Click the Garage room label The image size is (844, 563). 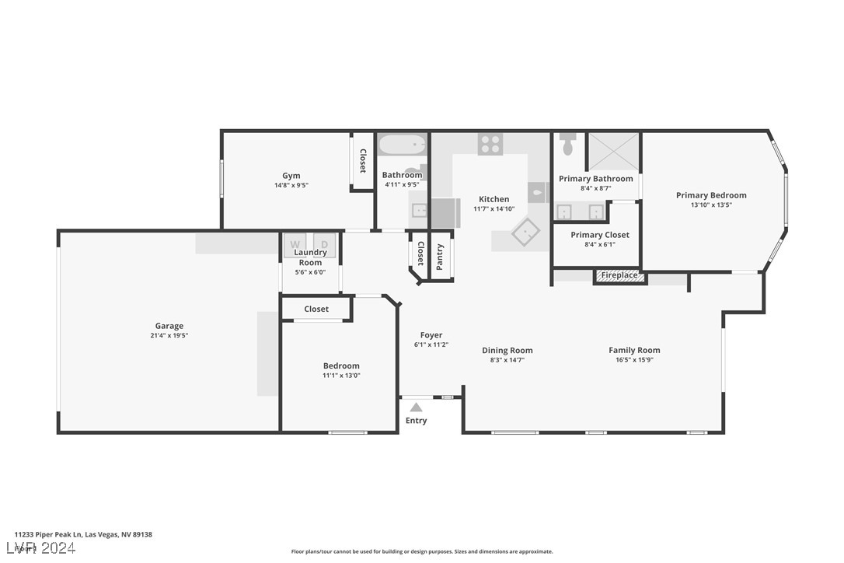[x=169, y=326]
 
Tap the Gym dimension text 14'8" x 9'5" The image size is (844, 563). [x=291, y=185]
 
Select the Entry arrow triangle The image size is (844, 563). [x=416, y=407]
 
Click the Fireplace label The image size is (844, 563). [x=619, y=275]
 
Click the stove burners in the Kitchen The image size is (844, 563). [x=490, y=144]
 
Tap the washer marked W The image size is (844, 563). [x=295, y=244]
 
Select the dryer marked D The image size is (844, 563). [x=325, y=244]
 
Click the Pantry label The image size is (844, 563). [x=440, y=257]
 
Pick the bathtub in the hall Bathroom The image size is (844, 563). [x=403, y=145]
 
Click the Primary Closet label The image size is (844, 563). [x=600, y=235]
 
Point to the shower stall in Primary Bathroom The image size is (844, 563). [x=613, y=150]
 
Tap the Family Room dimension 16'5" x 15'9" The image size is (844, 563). [x=633, y=360]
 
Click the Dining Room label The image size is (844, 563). [x=507, y=350]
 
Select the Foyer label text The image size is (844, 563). [x=431, y=335]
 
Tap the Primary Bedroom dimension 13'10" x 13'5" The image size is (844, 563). [x=711, y=205]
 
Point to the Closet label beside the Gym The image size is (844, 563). [x=362, y=161]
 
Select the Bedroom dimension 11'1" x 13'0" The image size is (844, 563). [x=341, y=376]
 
